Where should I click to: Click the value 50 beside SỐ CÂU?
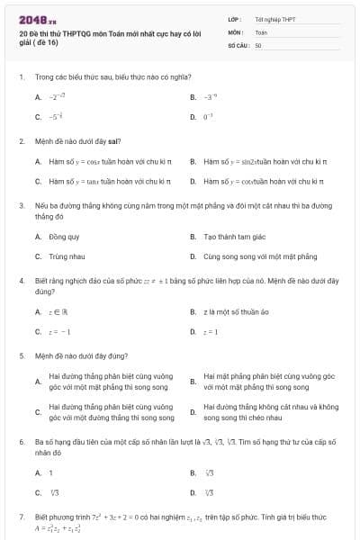tap(258, 44)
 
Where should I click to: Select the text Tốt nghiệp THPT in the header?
tap(275, 19)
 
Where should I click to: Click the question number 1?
tap(21, 77)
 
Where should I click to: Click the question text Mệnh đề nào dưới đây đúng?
tap(81, 355)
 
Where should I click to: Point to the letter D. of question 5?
tap(193, 412)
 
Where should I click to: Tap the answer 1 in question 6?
tap(50, 472)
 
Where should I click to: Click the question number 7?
tap(21, 517)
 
